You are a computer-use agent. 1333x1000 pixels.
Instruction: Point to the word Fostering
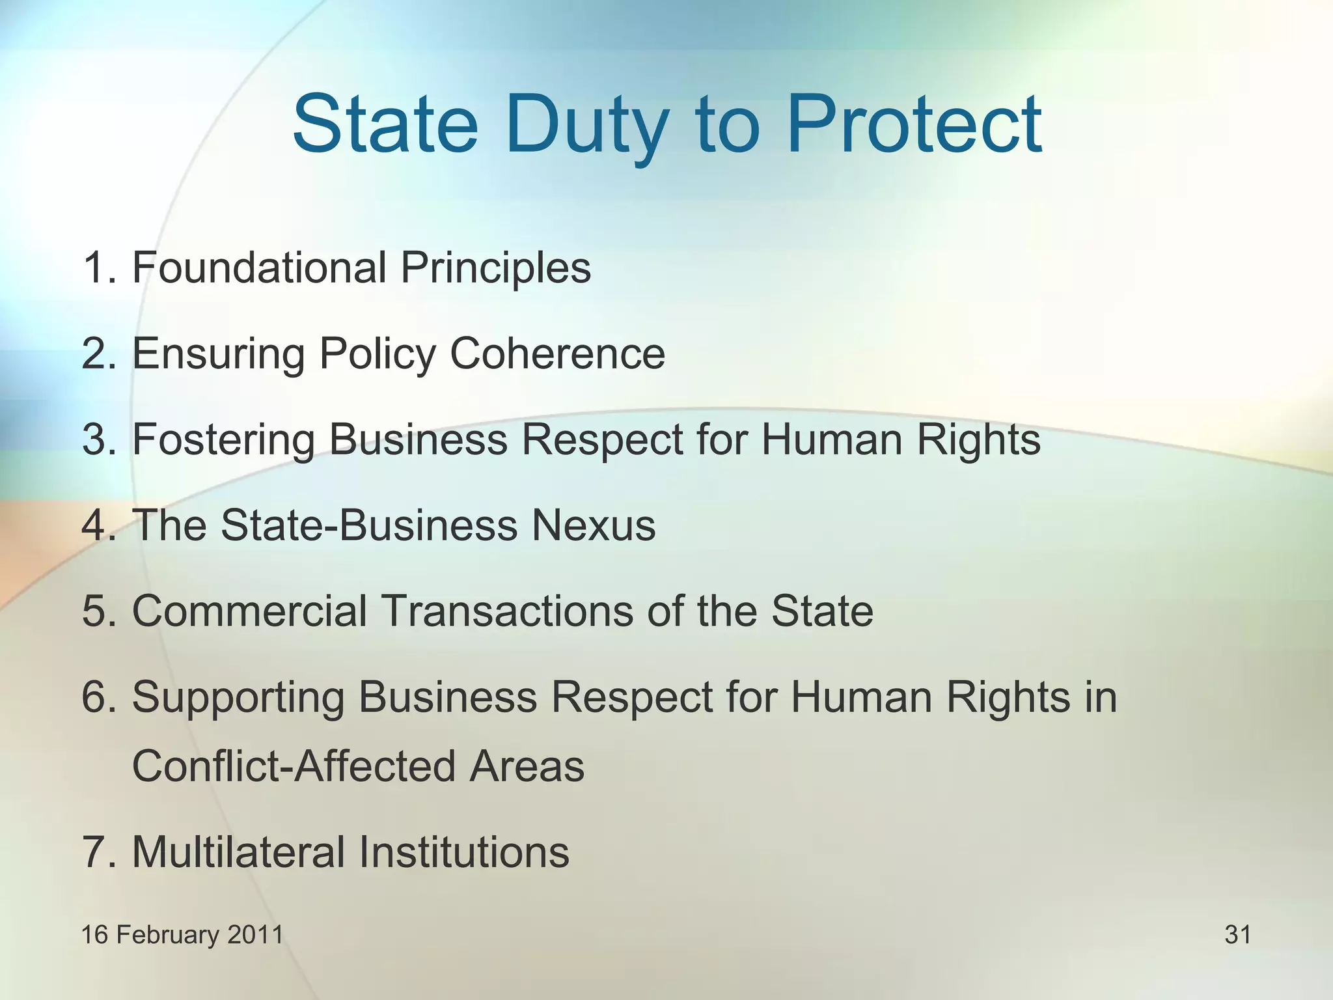[x=223, y=440]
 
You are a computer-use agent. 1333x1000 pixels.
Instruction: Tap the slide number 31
[x=1237, y=934]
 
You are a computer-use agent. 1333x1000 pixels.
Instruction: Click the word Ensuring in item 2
[x=219, y=355]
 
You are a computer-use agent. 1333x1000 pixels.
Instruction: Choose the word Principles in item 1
[x=495, y=268]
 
